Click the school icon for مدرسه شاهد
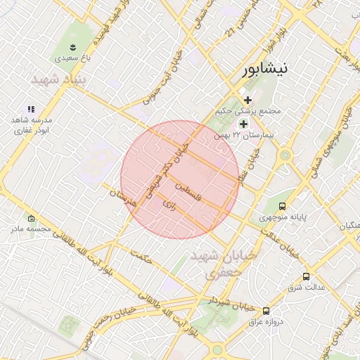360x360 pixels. click(x=31, y=109)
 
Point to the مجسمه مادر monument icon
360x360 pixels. click(x=30, y=218)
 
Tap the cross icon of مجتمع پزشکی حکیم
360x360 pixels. click(x=247, y=101)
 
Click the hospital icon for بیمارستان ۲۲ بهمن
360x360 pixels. click(x=243, y=123)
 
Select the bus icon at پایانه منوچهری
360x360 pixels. click(x=282, y=206)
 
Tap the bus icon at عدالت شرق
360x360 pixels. click(x=305, y=276)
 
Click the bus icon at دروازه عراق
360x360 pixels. click(x=266, y=310)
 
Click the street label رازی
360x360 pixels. click(x=169, y=205)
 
